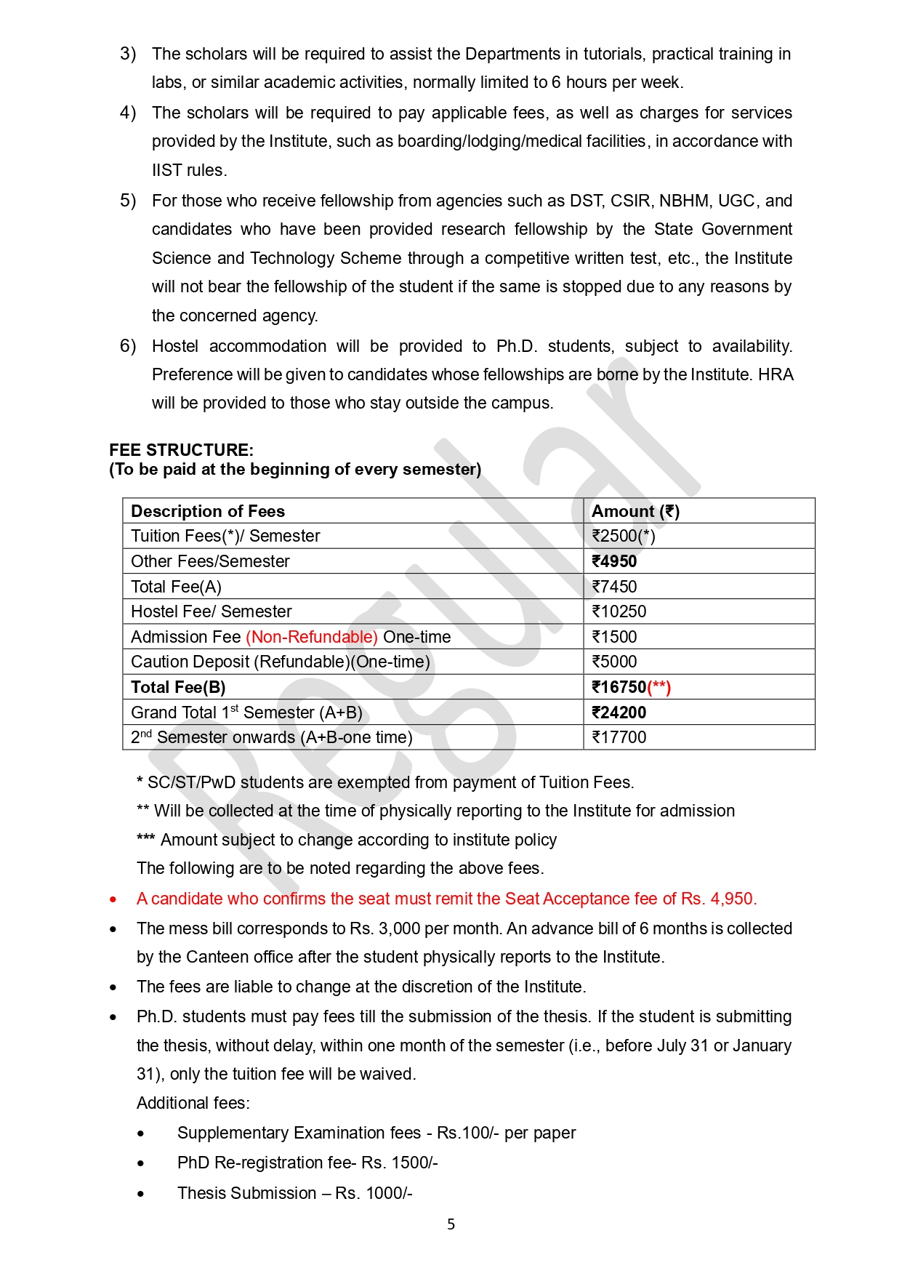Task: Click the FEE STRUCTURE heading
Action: coord(181,450)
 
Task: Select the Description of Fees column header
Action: coord(208,511)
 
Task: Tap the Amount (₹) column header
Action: coord(635,511)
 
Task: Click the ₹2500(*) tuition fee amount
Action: coord(623,536)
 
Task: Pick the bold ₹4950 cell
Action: coord(614,561)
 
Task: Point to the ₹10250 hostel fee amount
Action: coord(619,611)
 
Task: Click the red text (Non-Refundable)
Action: coord(311,637)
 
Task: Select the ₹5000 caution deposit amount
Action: coord(614,662)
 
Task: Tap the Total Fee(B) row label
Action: coord(178,687)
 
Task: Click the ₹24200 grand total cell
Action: coord(619,713)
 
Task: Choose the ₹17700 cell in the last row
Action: coord(619,737)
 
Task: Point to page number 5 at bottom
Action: coord(451,1224)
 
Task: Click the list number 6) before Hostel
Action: coord(128,346)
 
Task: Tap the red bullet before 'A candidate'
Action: coord(113,900)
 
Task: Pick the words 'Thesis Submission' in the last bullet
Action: coord(246,1193)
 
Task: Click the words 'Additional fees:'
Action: coord(193,1103)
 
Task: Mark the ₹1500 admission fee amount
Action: coord(614,637)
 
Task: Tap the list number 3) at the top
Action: coord(128,54)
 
